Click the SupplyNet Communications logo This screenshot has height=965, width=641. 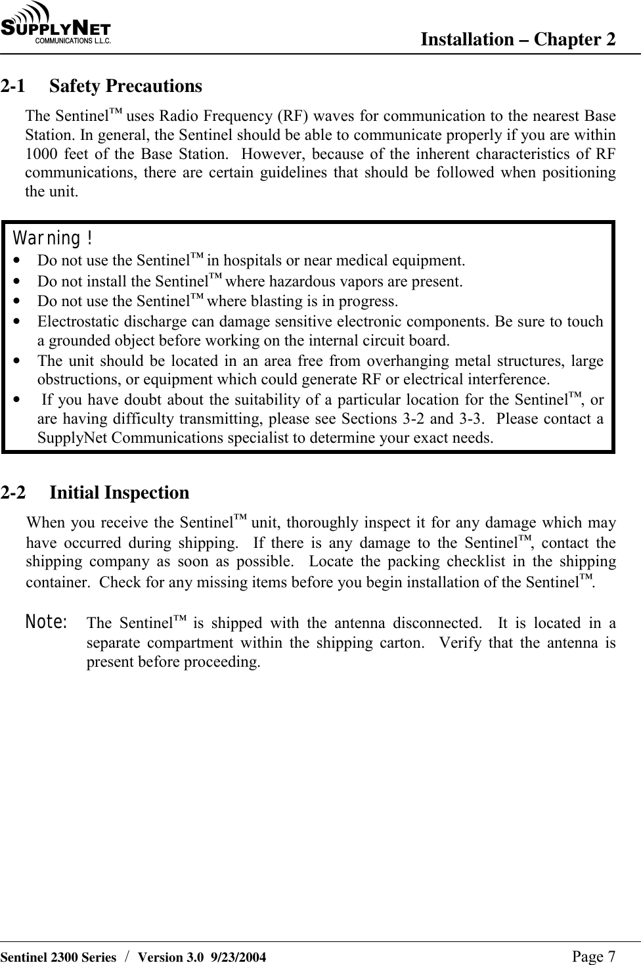(x=56, y=24)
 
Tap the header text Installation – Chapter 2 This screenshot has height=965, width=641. (x=518, y=40)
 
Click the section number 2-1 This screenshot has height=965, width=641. (x=14, y=86)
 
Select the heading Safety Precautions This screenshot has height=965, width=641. (x=125, y=86)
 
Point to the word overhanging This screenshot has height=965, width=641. (x=372, y=361)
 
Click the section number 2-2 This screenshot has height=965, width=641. (x=14, y=493)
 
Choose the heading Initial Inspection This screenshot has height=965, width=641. (x=119, y=493)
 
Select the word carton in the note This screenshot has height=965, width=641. (x=400, y=642)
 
